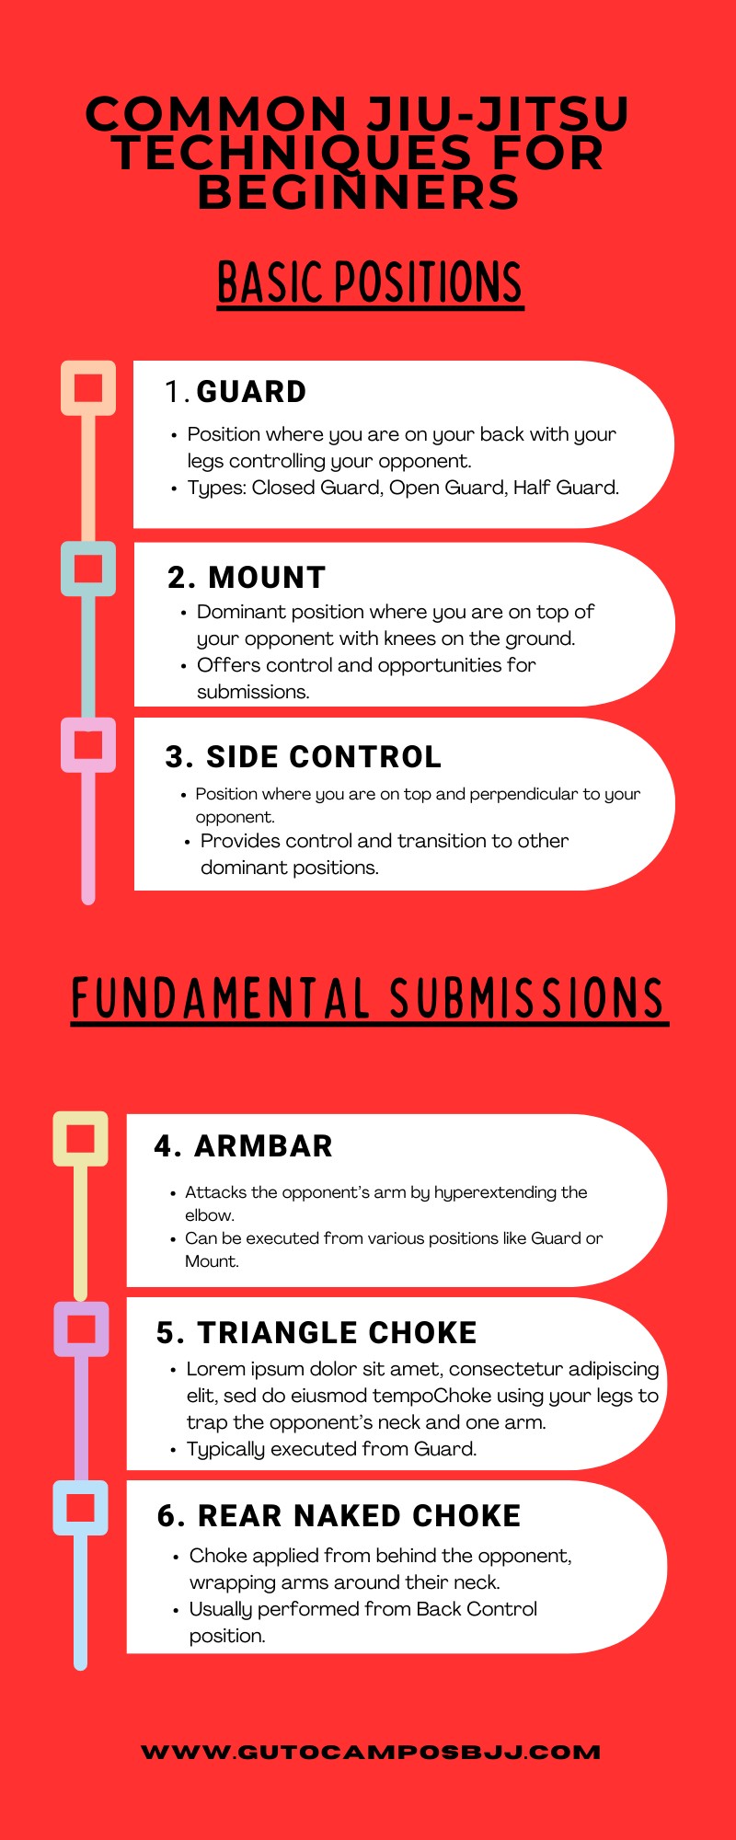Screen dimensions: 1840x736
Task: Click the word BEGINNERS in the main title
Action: [359, 192]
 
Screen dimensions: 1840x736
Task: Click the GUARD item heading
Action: [250, 392]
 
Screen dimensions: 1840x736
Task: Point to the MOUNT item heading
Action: [266, 578]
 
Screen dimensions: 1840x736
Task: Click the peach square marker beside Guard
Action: [88, 387]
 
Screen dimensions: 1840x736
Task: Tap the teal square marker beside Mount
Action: [88, 569]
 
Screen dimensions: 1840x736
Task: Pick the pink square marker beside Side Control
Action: [88, 744]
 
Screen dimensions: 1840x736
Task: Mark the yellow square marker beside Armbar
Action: [81, 1139]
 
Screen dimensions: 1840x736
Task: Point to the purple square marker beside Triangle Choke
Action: [81, 1328]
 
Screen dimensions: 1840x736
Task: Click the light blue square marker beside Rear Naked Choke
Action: [81, 1508]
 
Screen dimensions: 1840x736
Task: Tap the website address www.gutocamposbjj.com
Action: [371, 1753]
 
